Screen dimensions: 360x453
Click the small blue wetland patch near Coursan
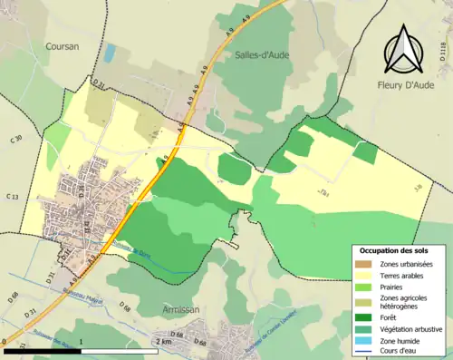pos(110,54)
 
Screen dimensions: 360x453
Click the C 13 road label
pos(12,197)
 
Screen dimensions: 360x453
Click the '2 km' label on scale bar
pos(163,342)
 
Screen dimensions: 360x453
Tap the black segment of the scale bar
pos(43,350)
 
